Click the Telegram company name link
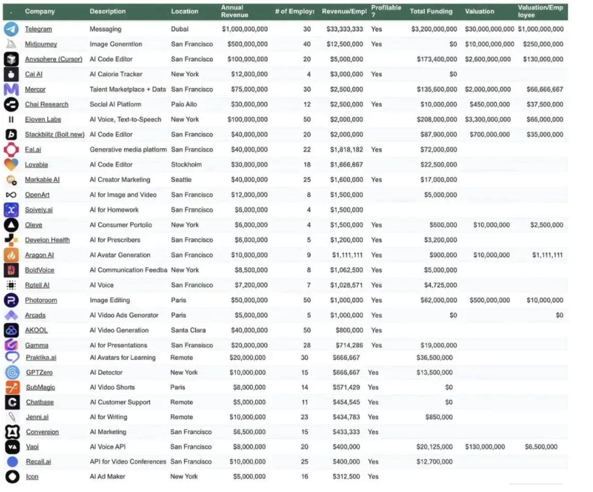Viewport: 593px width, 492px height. (x=38, y=29)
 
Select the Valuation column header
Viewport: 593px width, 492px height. (x=479, y=12)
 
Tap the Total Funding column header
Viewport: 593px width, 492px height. (x=431, y=12)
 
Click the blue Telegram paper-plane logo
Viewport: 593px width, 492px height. (x=11, y=29)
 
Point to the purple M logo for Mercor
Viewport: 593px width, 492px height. (x=11, y=89)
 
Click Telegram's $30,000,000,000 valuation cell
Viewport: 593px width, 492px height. (x=489, y=29)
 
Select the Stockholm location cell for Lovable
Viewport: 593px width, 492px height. (x=186, y=165)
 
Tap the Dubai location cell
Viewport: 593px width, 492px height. (x=180, y=29)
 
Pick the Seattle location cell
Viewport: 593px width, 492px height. (x=181, y=179)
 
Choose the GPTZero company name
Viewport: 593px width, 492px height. (x=39, y=372)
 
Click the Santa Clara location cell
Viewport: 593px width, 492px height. (x=188, y=330)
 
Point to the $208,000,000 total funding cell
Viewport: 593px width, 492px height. (x=437, y=120)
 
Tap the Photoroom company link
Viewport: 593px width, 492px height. (x=41, y=300)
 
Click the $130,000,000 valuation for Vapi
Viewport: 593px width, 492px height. (x=485, y=447)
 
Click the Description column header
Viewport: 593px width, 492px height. (x=108, y=12)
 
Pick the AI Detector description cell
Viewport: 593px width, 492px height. (x=106, y=372)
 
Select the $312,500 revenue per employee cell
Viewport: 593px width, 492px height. (x=346, y=477)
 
